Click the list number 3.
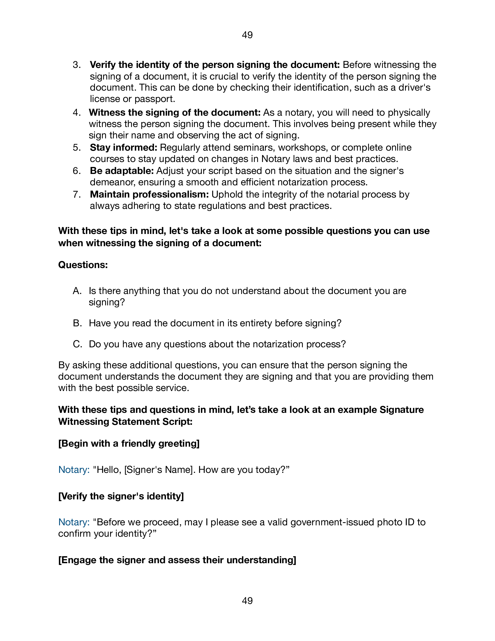click(76, 65)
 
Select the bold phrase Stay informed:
click(123, 148)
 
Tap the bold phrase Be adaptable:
click(122, 171)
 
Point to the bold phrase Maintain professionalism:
click(149, 195)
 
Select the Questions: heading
click(83, 265)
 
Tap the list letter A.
click(77, 291)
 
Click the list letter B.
click(77, 323)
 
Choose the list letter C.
click(77, 344)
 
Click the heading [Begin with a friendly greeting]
click(129, 443)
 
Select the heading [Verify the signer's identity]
click(121, 496)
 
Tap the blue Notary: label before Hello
click(74, 470)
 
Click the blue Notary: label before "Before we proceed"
click(74, 522)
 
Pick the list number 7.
click(76, 195)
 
